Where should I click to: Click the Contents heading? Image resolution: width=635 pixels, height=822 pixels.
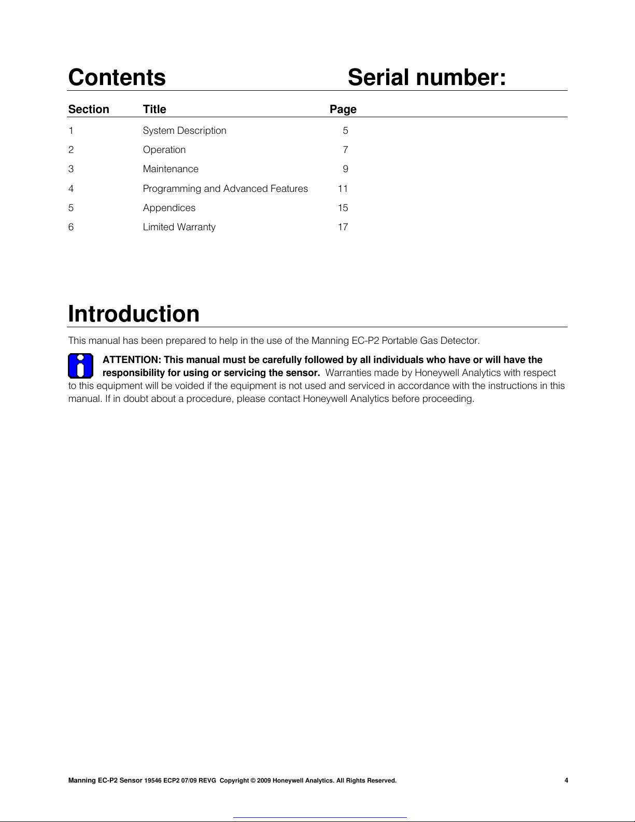pyautogui.click(x=117, y=78)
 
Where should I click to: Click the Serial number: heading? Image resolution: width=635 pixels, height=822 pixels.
pyautogui.click(x=427, y=78)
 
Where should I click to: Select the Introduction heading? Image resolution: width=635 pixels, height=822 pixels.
pyautogui.click(x=134, y=314)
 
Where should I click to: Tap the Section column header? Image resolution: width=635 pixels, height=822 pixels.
pyautogui.click(x=89, y=109)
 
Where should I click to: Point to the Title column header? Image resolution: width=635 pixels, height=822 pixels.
pyautogui.click(x=154, y=109)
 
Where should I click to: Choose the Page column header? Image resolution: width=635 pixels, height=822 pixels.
pyautogui.click(x=343, y=109)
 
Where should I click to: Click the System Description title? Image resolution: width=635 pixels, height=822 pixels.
pyautogui.click(x=185, y=131)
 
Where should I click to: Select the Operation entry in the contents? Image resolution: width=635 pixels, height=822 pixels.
pyautogui.click(x=164, y=150)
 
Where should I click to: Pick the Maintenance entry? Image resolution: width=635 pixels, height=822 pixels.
pyautogui.click(x=171, y=169)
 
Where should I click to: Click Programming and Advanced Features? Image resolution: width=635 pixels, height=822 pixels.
pyautogui.click(x=225, y=189)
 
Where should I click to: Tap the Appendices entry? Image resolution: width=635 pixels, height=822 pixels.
pyautogui.click(x=169, y=208)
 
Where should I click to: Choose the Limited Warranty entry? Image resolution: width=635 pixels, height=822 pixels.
pyautogui.click(x=179, y=227)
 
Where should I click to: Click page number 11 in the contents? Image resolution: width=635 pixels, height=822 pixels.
pyautogui.click(x=343, y=189)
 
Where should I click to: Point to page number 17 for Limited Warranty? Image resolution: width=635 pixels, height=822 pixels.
pyautogui.click(x=343, y=227)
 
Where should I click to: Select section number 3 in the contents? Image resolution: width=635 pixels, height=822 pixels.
pyautogui.click(x=71, y=169)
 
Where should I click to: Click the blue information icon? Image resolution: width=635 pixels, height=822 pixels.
pyautogui.click(x=80, y=366)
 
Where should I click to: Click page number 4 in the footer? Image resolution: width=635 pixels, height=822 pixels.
pyautogui.click(x=566, y=781)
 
